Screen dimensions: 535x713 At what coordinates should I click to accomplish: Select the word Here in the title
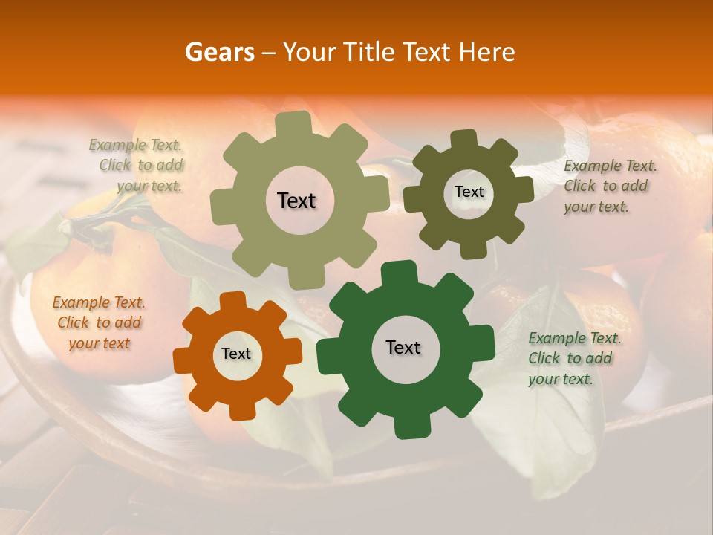pos(486,52)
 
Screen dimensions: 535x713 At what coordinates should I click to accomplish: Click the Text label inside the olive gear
pos(296,201)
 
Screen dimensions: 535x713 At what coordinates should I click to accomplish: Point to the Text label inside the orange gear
pos(236,354)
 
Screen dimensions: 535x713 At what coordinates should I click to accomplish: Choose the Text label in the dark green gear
pos(403,348)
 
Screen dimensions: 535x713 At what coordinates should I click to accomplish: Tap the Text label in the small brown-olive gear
pos(469,192)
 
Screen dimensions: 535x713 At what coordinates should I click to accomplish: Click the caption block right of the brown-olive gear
pos(610,187)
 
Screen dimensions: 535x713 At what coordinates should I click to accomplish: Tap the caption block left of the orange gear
pos(100,323)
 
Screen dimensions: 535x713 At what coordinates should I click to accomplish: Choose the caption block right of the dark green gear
pos(574,359)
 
